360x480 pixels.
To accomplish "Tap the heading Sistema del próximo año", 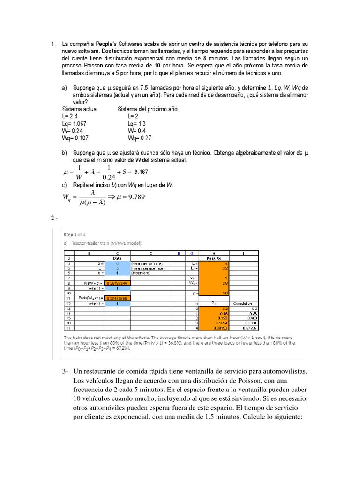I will [x=147, y=109].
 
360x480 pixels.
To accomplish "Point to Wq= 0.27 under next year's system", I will [x=140, y=138].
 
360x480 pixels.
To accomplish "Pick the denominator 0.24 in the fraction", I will [x=109, y=177].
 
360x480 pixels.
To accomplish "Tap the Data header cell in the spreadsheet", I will [x=118, y=258].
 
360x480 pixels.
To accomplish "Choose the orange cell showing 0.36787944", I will [x=118, y=283].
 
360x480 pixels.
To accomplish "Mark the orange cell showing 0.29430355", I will [x=118, y=298].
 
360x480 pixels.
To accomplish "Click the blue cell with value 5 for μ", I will [x=118, y=268].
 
